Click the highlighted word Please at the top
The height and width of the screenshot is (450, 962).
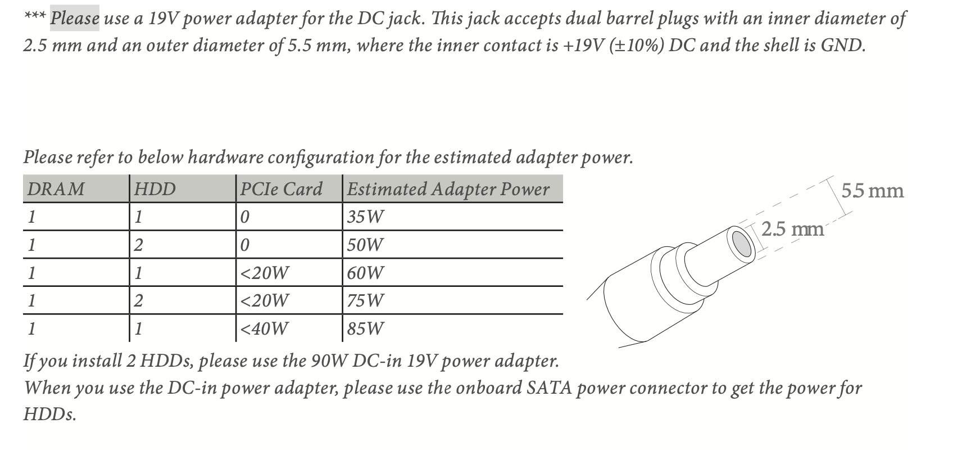click(x=75, y=19)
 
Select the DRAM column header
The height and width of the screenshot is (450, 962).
click(x=56, y=189)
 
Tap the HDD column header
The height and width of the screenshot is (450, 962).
click(x=155, y=189)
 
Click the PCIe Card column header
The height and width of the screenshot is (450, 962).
click(x=282, y=189)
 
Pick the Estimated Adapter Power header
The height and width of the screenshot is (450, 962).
click(x=448, y=189)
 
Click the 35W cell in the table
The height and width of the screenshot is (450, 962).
click(x=365, y=217)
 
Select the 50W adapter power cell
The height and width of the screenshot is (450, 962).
click(x=365, y=245)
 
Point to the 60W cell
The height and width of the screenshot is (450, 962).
click(x=365, y=273)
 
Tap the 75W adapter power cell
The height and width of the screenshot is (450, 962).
click(x=365, y=300)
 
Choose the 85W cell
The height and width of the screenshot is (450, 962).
click(x=365, y=329)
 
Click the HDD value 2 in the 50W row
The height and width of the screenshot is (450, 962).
click(x=138, y=245)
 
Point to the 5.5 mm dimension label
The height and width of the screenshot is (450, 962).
click(x=873, y=191)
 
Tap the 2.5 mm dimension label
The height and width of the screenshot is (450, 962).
click(x=793, y=229)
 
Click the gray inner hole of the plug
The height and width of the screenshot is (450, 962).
click(x=742, y=244)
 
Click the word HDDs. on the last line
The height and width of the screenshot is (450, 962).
click(x=50, y=415)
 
